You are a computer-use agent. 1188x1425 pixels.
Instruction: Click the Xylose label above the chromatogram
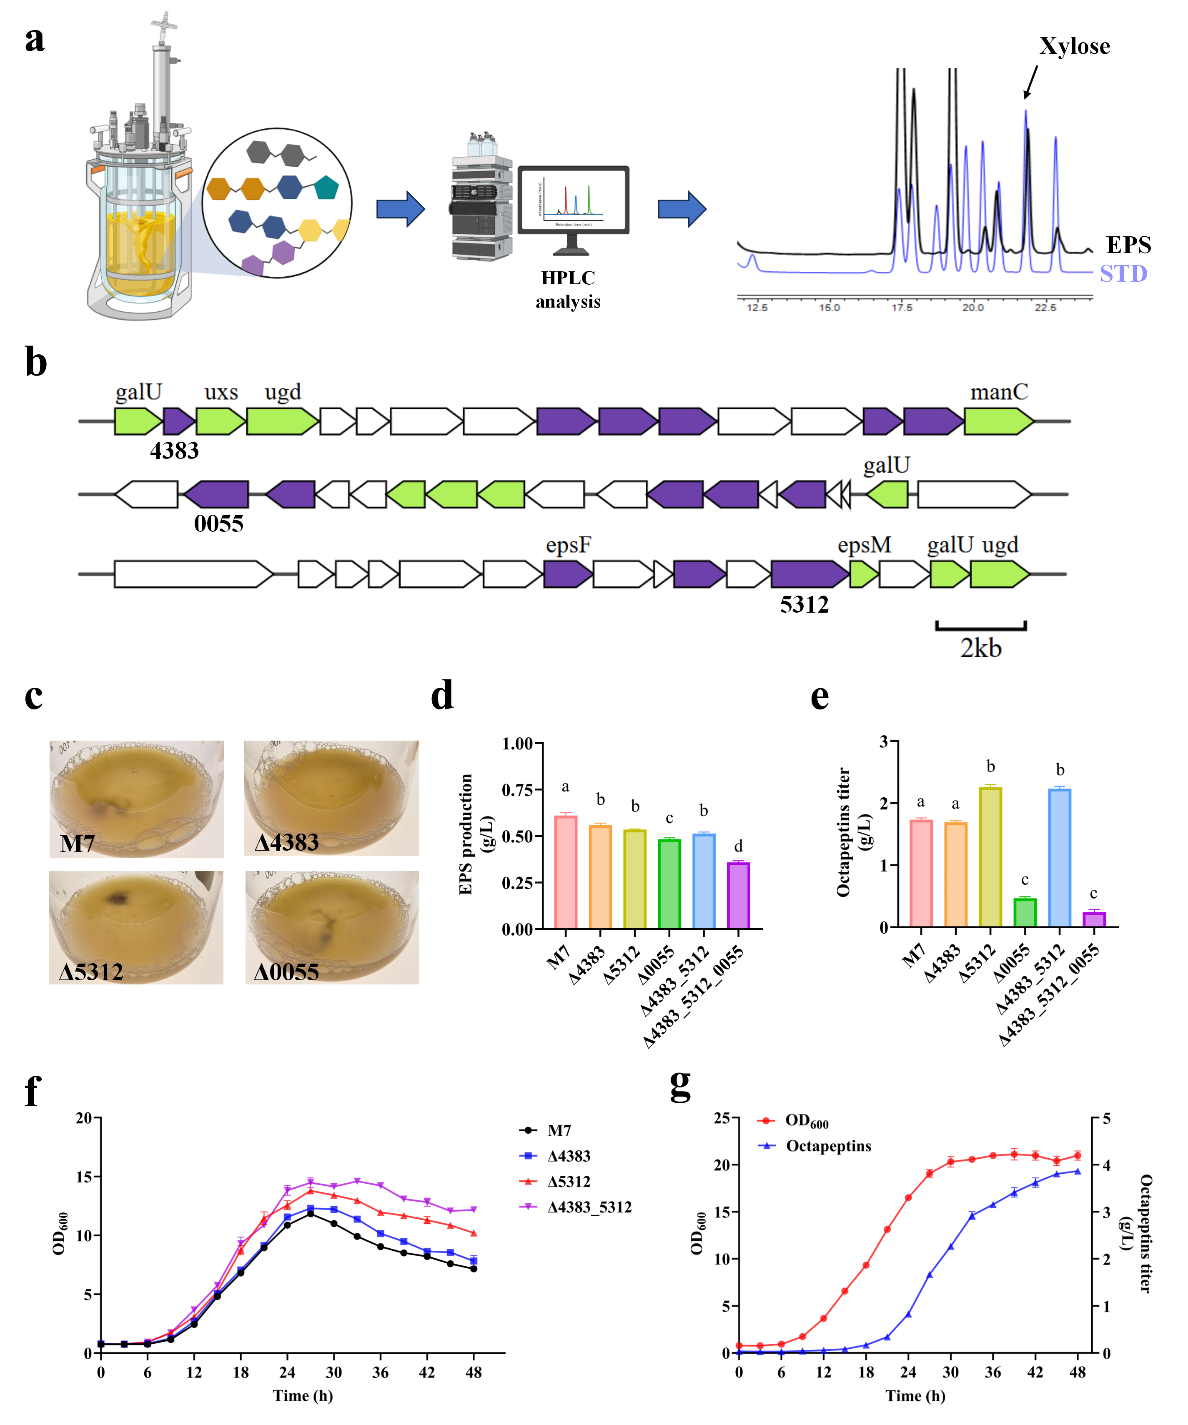coord(1074,46)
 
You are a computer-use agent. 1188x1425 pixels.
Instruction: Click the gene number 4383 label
coord(174,451)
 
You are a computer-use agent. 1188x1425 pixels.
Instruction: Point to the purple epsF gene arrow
coord(568,574)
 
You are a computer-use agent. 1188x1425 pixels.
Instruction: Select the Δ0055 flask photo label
coord(286,972)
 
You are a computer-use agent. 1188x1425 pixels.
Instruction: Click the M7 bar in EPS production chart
coord(566,872)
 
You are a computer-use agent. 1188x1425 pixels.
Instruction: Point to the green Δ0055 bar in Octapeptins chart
coord(1025,913)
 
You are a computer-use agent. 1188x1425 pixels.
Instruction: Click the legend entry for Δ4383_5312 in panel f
coord(589,1207)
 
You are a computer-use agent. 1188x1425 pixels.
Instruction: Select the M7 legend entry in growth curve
coord(559,1130)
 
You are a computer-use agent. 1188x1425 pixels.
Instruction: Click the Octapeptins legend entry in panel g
coord(828,1146)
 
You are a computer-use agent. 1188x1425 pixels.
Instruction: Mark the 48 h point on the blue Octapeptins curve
coord(1078,1171)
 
